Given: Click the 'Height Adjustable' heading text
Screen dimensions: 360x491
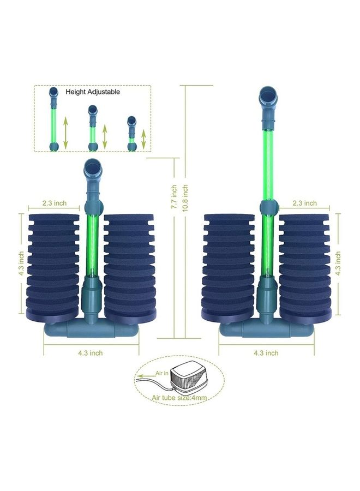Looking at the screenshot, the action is point(93,92).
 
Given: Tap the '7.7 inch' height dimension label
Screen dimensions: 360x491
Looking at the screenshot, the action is point(174,197).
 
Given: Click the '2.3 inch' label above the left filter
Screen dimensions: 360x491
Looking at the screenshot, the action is point(55,203).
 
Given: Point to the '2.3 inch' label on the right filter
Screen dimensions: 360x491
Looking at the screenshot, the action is point(304,203).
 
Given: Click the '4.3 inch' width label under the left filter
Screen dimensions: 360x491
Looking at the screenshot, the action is point(91,353).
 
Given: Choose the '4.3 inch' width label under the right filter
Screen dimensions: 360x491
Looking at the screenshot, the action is point(266,353).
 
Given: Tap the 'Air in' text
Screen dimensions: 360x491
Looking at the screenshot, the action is point(162,373).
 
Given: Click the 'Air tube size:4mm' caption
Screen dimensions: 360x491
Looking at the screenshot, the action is point(179,398).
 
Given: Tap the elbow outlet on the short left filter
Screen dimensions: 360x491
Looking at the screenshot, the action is point(92,172).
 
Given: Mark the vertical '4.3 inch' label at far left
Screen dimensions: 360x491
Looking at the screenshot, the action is point(21,264).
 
